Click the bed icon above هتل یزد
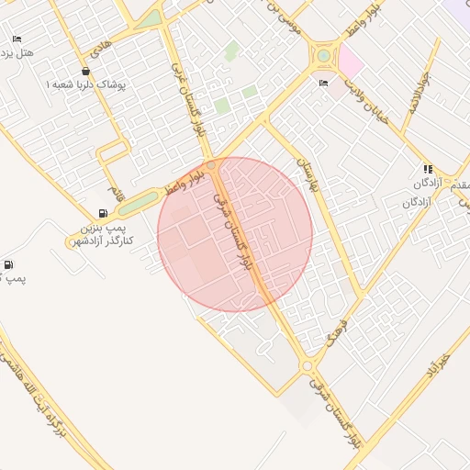tap(17, 39)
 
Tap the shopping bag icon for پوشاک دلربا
tap(85, 71)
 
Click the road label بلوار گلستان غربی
tap(188, 98)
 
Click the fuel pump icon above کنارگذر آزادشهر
tap(101, 213)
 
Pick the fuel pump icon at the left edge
tap(8, 265)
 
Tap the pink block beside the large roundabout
tap(351, 62)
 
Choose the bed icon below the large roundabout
tap(323, 84)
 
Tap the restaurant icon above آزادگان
tap(428, 169)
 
